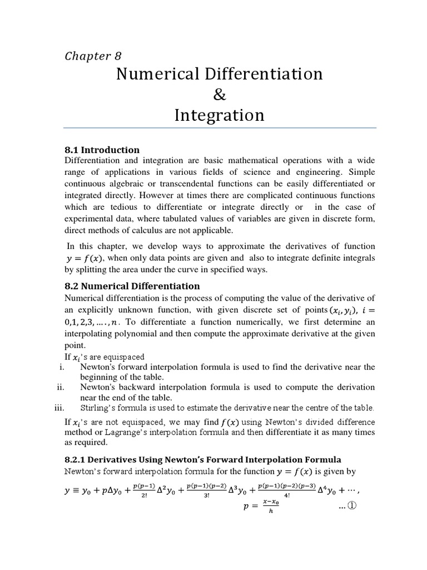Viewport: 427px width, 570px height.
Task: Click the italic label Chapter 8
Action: pyautogui.click(x=93, y=56)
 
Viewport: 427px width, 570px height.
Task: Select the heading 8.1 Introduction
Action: pyautogui.click(x=102, y=150)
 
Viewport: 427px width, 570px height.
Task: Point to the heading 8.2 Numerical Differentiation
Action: pyautogui.click(x=132, y=286)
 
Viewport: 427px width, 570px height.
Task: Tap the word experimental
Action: pyautogui.click(x=91, y=218)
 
